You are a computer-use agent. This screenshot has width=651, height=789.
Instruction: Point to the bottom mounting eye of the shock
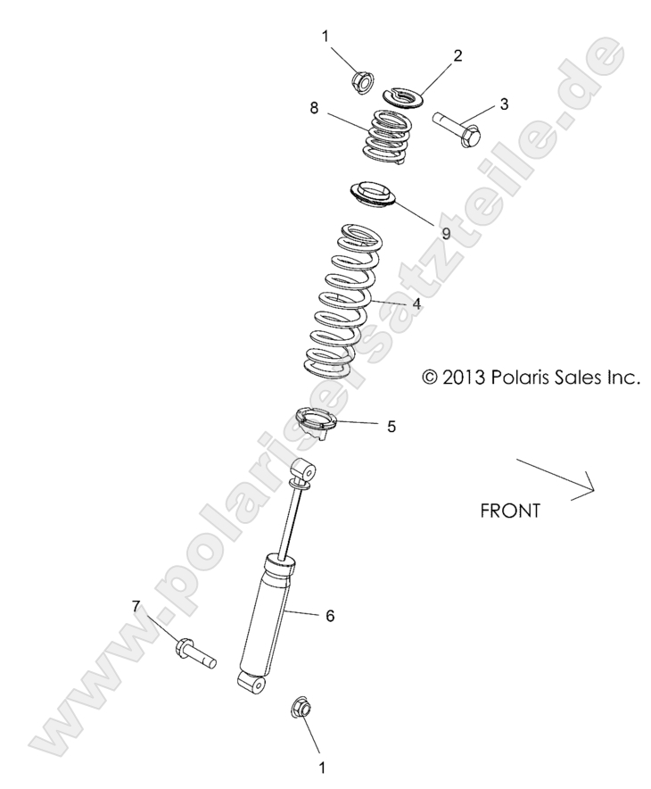(x=252, y=683)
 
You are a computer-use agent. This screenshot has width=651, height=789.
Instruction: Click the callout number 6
(x=329, y=616)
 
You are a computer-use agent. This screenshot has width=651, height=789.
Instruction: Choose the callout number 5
(x=391, y=427)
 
